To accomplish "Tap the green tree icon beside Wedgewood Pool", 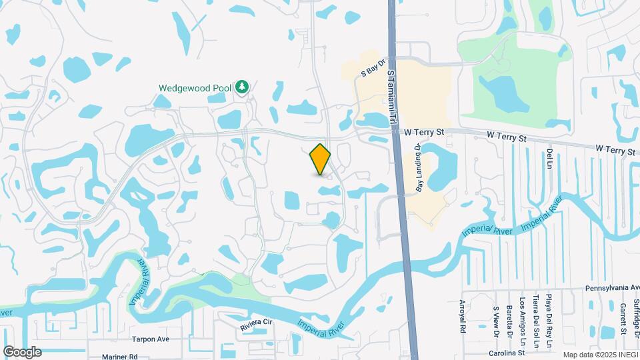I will tap(243, 87).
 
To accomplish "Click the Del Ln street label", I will tap(550, 158).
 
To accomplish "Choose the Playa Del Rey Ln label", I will tap(549, 311).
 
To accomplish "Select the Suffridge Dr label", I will tap(635, 314).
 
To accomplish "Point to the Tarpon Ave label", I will tap(151, 339).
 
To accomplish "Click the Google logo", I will tap(22, 351).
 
